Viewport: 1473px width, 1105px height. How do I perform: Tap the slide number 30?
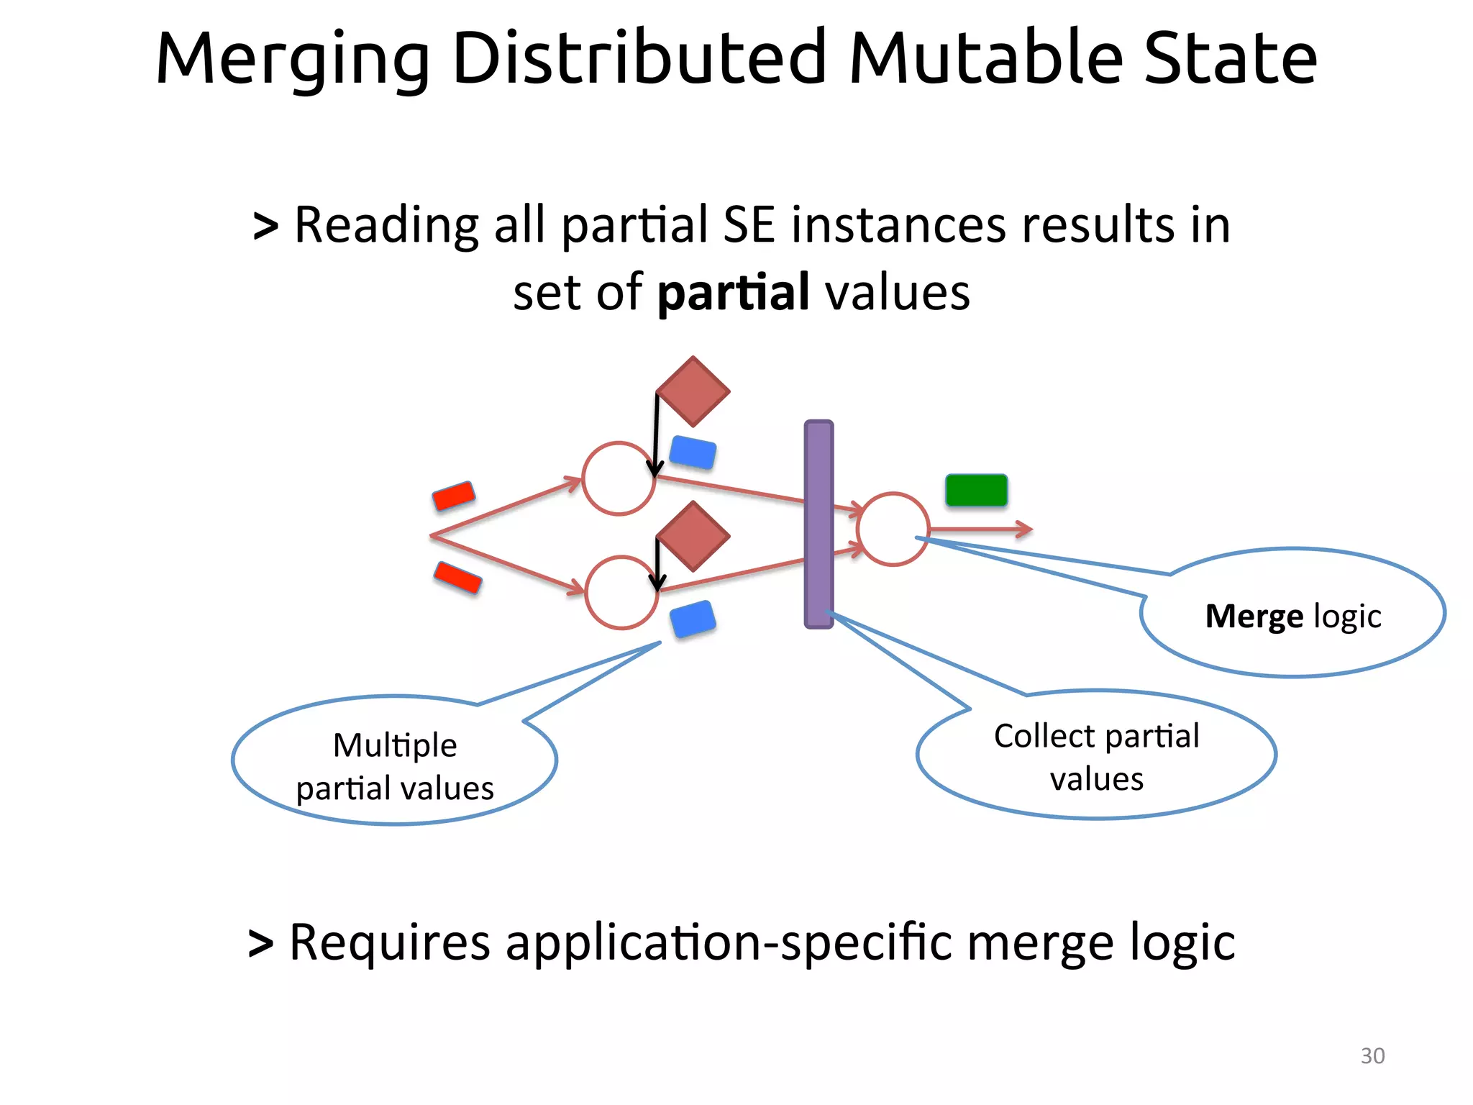tap(1372, 1055)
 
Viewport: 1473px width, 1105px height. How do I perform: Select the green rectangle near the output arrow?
tap(976, 490)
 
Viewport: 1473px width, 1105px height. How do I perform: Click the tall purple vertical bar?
tap(818, 524)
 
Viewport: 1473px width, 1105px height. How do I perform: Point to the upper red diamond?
tap(693, 391)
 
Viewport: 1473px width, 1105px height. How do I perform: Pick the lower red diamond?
tap(693, 536)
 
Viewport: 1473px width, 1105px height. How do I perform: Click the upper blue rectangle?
tap(693, 453)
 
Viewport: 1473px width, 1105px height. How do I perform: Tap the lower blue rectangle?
tap(693, 619)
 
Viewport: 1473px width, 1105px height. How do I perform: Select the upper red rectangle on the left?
tap(454, 496)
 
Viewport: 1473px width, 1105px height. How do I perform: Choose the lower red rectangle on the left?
tap(457, 578)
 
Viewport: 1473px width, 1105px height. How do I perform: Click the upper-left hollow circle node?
tap(619, 478)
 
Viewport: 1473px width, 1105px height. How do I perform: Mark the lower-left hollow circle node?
tap(621, 592)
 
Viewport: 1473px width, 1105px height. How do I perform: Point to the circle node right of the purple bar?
tap(893, 529)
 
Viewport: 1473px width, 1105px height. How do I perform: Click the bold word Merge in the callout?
tap(1254, 617)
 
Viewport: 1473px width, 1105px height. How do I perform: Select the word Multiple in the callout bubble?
tap(395, 745)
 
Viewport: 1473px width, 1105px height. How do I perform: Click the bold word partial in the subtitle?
tap(734, 293)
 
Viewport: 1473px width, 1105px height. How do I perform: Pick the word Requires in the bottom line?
tap(389, 942)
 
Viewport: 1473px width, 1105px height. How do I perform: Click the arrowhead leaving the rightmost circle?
tap(1026, 529)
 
